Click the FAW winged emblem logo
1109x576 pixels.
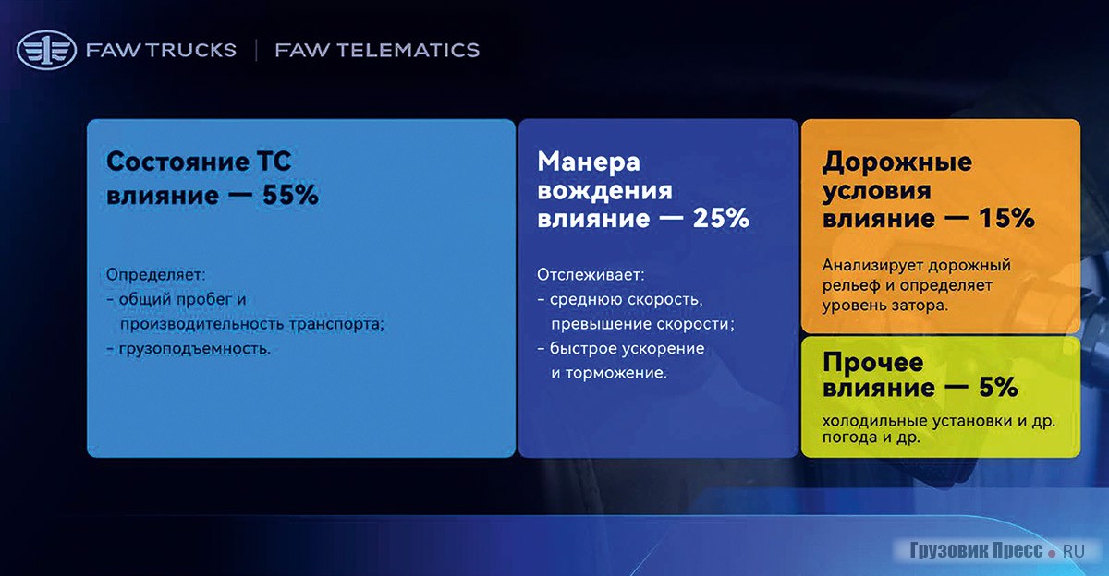(46, 50)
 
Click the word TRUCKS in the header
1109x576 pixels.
(191, 50)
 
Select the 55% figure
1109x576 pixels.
(290, 194)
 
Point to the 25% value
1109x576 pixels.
(721, 218)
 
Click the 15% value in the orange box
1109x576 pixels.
(1006, 218)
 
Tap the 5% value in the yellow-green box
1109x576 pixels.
(998, 387)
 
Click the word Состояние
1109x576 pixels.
(177, 162)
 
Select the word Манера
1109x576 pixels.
(589, 162)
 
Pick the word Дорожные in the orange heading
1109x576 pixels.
(897, 162)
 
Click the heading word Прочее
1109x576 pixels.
(872, 363)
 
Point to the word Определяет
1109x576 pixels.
(155, 275)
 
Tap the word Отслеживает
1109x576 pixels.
(591, 275)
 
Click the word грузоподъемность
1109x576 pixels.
(195, 349)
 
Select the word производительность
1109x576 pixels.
(202, 324)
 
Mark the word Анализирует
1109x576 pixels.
(873, 266)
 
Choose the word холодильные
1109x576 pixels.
(875, 421)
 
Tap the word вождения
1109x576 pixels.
(605, 190)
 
